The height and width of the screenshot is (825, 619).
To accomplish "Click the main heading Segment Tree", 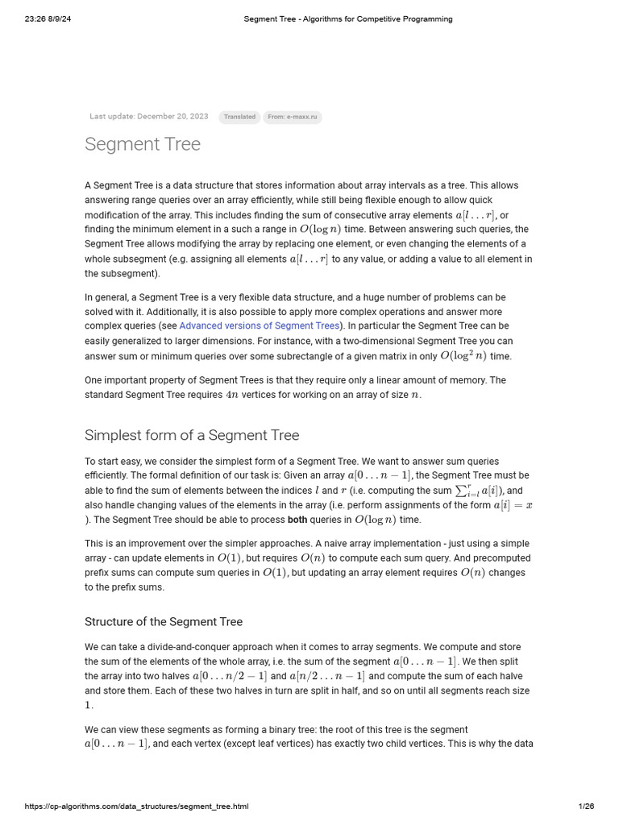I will pyautogui.click(x=143, y=145).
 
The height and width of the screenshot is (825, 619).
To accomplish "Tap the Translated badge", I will pyautogui.click(x=239, y=117).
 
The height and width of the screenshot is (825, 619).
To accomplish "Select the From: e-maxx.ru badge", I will pyautogui.click(x=293, y=117).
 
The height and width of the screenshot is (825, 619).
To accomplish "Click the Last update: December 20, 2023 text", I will pyautogui.click(x=149, y=117).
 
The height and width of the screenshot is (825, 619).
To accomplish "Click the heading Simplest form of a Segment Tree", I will pyautogui.click(x=192, y=436).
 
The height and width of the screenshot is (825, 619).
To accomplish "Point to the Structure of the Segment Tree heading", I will pyautogui.click(x=164, y=622).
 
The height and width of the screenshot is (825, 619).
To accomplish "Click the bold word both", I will pyautogui.click(x=297, y=520).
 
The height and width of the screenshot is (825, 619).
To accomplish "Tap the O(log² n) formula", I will pyautogui.click(x=463, y=355).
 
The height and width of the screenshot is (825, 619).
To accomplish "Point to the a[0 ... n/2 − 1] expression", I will pyautogui.click(x=230, y=676).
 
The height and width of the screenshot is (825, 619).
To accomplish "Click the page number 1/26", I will pyautogui.click(x=586, y=806).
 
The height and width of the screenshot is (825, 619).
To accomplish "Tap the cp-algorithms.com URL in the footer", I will pyautogui.click(x=136, y=806).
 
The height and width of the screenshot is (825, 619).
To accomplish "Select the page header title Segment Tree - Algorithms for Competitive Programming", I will pyautogui.click(x=348, y=19).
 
